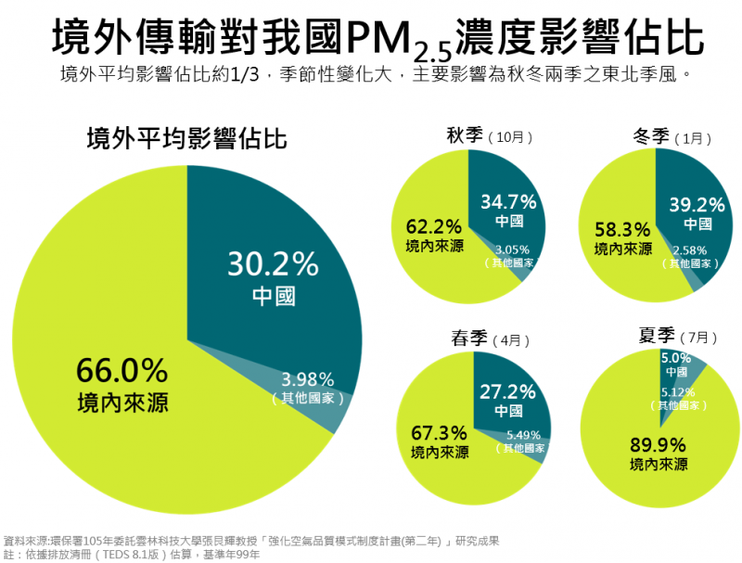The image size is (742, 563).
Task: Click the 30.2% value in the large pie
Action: click(x=273, y=264)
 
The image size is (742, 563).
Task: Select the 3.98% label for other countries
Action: click(x=308, y=379)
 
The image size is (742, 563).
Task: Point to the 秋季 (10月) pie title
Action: click(x=481, y=136)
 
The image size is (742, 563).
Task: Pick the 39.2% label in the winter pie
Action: click(x=695, y=204)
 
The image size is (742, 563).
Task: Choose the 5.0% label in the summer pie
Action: click(x=675, y=356)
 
